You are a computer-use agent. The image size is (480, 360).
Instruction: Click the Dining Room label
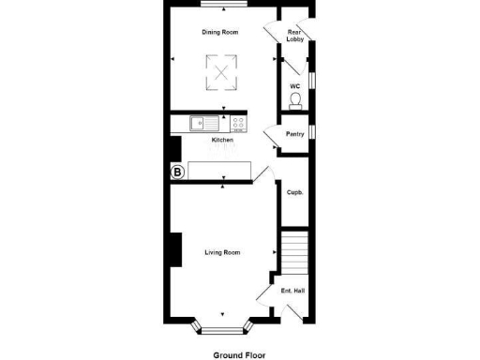coord(220,32)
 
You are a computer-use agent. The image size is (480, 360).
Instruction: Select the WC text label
coord(294,86)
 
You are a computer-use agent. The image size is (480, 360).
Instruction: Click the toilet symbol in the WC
coord(295,99)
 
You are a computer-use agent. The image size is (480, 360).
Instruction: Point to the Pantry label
coord(294,134)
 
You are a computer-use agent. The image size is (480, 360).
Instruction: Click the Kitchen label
coord(222,141)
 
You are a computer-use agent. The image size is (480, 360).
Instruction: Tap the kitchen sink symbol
coord(202,123)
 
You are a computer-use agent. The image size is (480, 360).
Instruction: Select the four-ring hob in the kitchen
coord(238,123)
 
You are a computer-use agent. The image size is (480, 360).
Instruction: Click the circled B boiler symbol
coord(176,172)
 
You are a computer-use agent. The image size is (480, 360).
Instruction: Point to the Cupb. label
coord(294,192)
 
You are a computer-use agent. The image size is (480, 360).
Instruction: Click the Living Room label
coord(223,252)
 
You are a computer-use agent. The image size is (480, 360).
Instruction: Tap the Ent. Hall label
coord(293,291)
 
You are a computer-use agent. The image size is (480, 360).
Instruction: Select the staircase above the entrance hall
coord(294,250)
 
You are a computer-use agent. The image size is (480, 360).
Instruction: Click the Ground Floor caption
coord(238,355)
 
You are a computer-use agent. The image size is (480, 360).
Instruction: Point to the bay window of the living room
coord(223,329)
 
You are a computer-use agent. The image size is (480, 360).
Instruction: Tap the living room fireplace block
coord(173,250)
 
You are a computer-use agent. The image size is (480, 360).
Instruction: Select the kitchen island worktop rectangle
coord(221,169)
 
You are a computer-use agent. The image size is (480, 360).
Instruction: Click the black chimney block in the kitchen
coord(173,149)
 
